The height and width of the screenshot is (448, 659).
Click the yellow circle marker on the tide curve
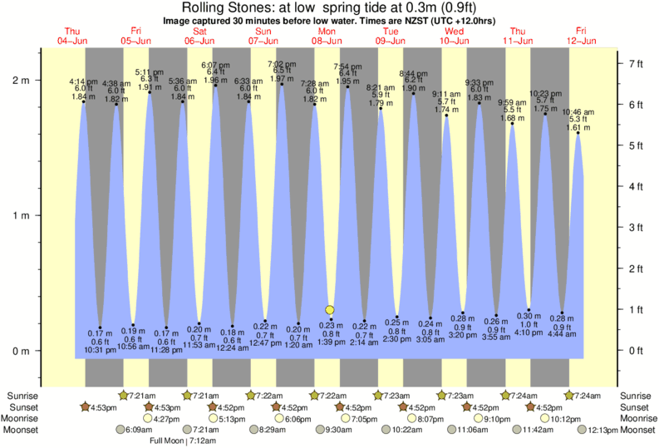click(x=330, y=310)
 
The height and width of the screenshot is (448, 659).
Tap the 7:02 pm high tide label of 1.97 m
click(x=282, y=71)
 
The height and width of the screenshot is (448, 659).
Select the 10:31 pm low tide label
click(x=101, y=342)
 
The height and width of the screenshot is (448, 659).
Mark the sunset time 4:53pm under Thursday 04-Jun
click(x=104, y=407)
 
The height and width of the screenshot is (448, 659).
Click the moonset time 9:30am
click(x=339, y=431)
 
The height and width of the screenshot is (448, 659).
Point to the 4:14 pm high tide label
click(x=84, y=89)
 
